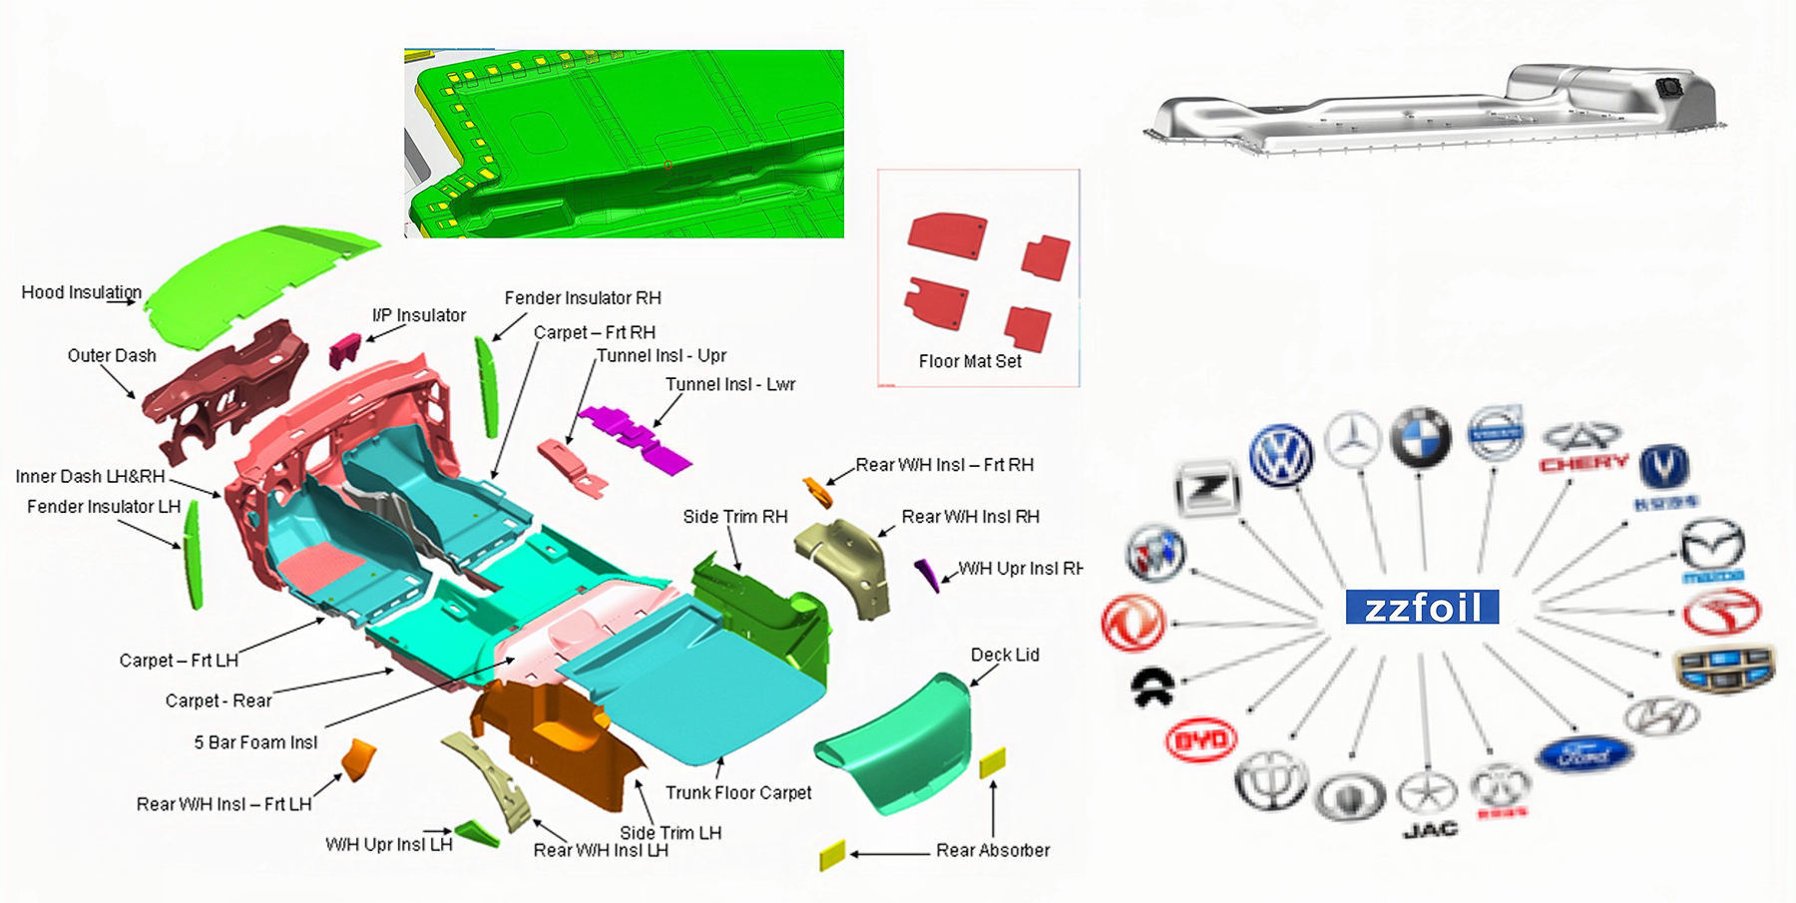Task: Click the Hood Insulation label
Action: click(x=81, y=292)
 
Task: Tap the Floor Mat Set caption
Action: click(x=970, y=361)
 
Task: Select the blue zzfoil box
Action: click(x=1422, y=607)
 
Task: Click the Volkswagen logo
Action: click(x=1282, y=455)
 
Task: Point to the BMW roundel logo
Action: click(x=1421, y=437)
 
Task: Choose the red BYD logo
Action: click(x=1201, y=740)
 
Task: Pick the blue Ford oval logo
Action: click(x=1584, y=755)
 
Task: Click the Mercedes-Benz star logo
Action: click(x=1353, y=440)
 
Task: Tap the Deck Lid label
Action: click(x=1005, y=655)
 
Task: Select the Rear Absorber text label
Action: click(x=993, y=850)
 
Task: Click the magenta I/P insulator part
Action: click(x=344, y=349)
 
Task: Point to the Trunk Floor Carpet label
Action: click(x=738, y=792)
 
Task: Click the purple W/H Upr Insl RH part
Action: click(x=928, y=575)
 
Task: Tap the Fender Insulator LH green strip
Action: click(x=194, y=555)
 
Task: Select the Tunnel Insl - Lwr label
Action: click(x=730, y=384)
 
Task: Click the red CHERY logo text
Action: click(x=1583, y=463)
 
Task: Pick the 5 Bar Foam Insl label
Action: click(x=255, y=742)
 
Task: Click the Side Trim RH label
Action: click(x=735, y=516)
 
